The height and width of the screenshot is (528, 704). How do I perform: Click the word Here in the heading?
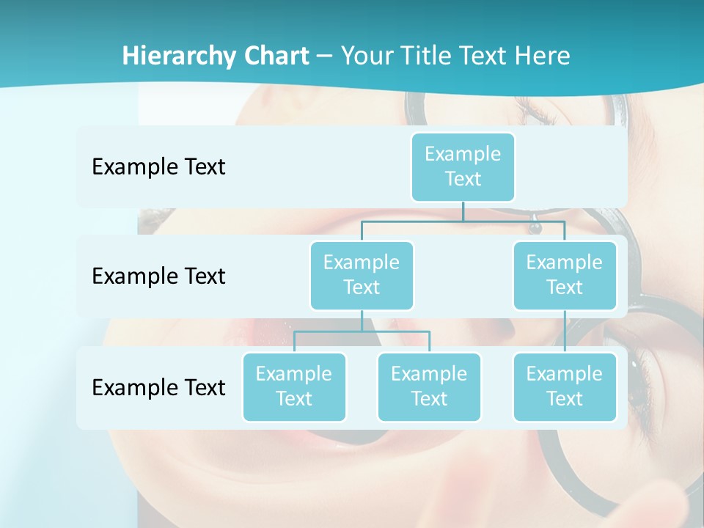(543, 56)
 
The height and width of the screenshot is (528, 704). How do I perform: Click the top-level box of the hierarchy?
(463, 167)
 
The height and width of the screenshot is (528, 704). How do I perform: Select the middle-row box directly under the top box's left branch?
(362, 276)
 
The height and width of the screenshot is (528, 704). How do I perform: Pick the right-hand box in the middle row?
(565, 276)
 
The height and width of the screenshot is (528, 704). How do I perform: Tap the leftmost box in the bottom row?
(294, 387)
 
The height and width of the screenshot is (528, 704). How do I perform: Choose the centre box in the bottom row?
(429, 387)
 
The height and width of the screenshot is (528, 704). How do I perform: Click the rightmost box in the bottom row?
(565, 387)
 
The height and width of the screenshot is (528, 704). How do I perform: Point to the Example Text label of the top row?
(158, 167)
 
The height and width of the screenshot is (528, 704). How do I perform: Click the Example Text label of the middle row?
(158, 276)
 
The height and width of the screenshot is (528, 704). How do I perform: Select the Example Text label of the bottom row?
(158, 387)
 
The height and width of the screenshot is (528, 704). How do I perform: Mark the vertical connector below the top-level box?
(463, 211)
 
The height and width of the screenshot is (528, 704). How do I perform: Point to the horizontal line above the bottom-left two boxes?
(362, 331)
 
